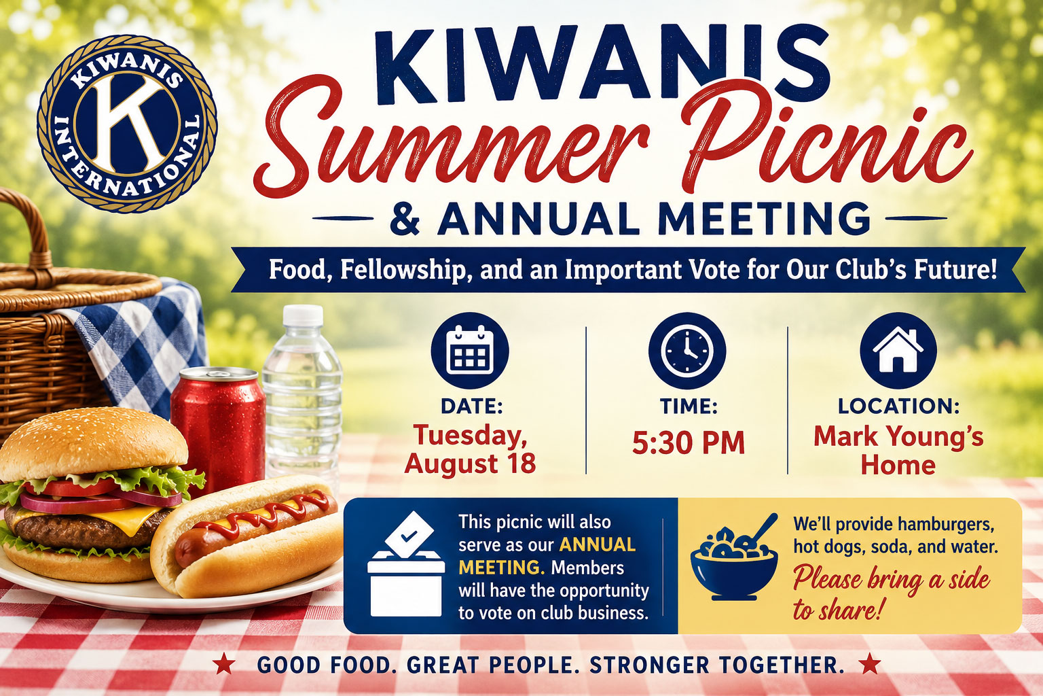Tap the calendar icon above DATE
point(470,351)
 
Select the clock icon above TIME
point(687,351)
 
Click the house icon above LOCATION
point(898,351)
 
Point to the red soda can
point(218,429)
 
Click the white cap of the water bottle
point(303,316)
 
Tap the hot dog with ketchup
point(246,536)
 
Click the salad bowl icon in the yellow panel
point(734,559)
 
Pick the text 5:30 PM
point(688,442)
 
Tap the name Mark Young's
point(898,437)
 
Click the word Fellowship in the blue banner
point(403,271)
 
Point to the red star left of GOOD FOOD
point(224,663)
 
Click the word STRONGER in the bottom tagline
point(649,665)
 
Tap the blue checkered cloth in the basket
point(140,345)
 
